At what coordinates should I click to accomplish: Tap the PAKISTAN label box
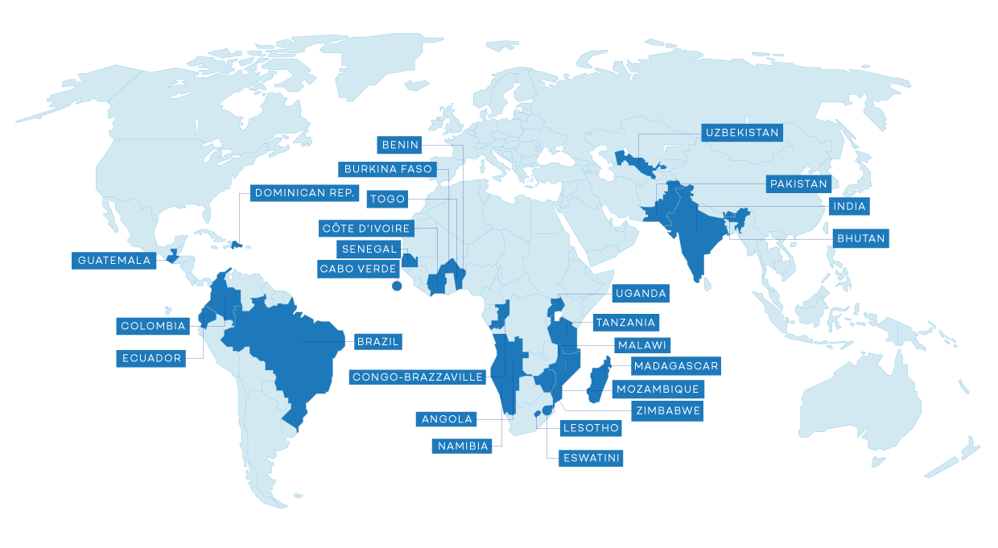pos(798,184)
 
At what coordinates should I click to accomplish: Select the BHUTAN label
pos(860,238)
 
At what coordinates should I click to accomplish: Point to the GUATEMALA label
pos(114,261)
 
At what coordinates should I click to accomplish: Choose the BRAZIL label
pos(377,341)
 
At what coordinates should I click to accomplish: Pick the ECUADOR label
pos(151,358)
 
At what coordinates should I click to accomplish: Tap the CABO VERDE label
pos(358,269)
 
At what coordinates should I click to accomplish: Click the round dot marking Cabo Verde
pos(396,286)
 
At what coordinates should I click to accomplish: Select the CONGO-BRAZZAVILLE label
pos(418,377)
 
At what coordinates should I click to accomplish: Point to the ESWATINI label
pos(592,458)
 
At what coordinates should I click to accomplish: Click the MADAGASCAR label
pos(675,366)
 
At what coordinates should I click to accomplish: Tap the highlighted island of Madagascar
pos(598,384)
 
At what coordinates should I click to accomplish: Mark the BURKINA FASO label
pos(388,169)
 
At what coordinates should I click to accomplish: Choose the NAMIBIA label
pos(463,446)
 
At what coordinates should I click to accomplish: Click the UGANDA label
pos(641,293)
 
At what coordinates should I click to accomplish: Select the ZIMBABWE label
pos(667,410)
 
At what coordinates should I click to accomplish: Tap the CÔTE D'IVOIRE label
pos(366,229)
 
